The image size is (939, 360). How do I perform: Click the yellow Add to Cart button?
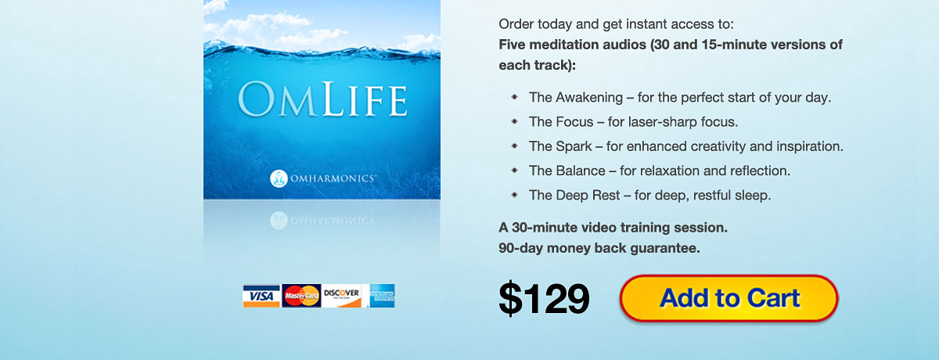point(729,298)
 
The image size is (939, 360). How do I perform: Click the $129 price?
point(544,298)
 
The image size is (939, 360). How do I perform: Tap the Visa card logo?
point(261,296)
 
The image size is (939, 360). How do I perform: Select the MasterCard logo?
point(301,296)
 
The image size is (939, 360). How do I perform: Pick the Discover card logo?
point(342,296)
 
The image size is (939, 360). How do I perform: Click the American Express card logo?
point(382,296)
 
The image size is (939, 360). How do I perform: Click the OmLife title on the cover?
point(322,99)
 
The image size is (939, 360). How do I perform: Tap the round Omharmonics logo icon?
point(279,178)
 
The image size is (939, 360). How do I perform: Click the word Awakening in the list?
point(589,98)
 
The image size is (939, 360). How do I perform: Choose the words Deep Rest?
point(588,196)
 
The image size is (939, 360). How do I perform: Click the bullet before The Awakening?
point(514,97)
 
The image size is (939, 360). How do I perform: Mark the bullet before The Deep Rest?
point(514,195)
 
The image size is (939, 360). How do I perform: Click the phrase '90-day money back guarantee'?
point(599,248)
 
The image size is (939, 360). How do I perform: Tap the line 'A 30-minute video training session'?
point(613,228)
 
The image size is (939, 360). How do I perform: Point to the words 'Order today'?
point(535,24)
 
